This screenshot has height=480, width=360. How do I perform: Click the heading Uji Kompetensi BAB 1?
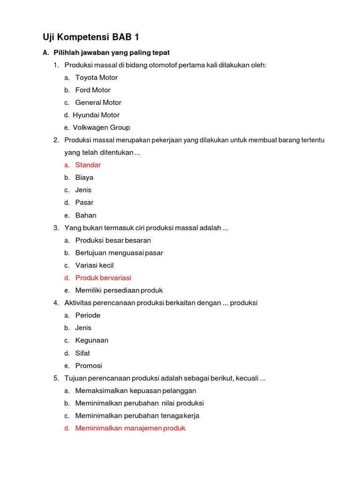pyautogui.click(x=91, y=37)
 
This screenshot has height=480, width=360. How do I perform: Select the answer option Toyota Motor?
pyautogui.click(x=97, y=77)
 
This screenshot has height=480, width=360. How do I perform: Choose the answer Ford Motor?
pyautogui.click(x=93, y=90)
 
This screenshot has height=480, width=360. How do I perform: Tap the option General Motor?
pyautogui.click(x=98, y=102)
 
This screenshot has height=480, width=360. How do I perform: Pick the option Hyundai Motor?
pyautogui.click(x=96, y=115)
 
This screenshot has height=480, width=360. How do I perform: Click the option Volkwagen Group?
pyautogui.click(x=101, y=127)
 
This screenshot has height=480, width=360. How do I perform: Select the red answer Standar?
pyautogui.click(x=88, y=165)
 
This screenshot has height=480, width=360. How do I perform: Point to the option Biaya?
pyautogui.click(x=84, y=178)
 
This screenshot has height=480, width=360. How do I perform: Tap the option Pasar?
pyautogui.click(x=84, y=202)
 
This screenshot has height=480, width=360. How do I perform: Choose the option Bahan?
pyautogui.click(x=86, y=215)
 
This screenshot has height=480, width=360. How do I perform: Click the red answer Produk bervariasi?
pyautogui.click(x=103, y=278)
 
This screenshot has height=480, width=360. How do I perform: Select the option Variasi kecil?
pyautogui.click(x=94, y=265)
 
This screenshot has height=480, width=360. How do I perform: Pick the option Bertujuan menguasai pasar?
pyautogui.click(x=119, y=253)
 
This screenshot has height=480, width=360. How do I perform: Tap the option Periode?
pyautogui.click(x=88, y=315)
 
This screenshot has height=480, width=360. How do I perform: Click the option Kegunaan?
pyautogui.click(x=92, y=340)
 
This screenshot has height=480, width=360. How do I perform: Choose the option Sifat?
pyautogui.click(x=82, y=353)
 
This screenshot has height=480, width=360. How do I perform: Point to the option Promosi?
pyautogui.click(x=89, y=366)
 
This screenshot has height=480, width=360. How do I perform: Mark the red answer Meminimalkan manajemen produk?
pyautogui.click(x=130, y=428)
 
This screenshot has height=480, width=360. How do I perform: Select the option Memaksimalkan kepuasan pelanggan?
pyautogui.click(x=135, y=390)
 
